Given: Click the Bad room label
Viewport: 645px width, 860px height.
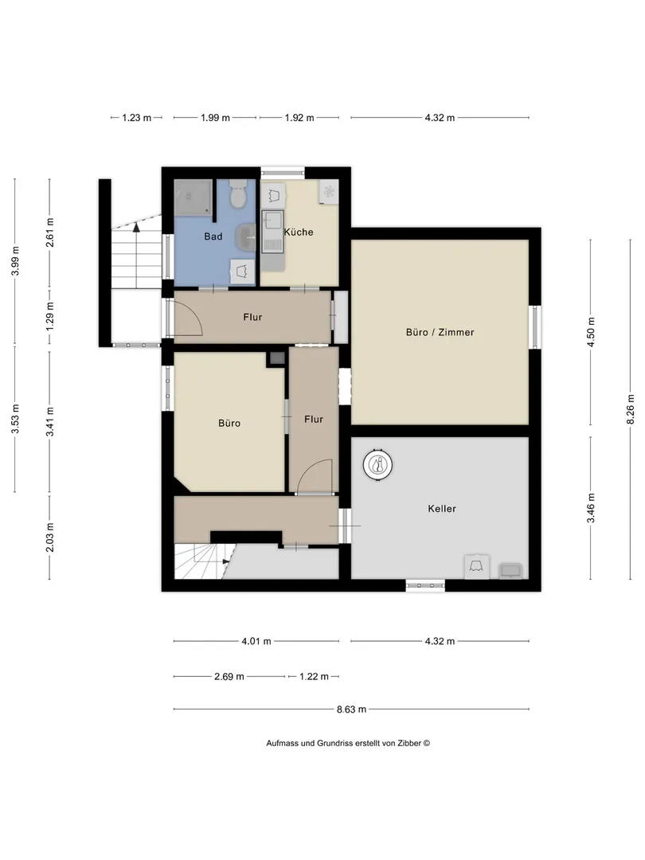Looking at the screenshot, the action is tap(213, 236).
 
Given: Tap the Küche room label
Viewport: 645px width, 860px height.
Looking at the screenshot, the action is tap(299, 232).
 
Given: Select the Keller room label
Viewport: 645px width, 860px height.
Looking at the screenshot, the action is tap(441, 508).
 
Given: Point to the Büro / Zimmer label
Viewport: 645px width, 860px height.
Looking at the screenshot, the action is tap(440, 332).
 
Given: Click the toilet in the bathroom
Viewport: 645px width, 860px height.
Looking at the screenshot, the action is tap(238, 194).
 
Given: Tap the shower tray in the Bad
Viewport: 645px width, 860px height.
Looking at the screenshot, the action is tap(193, 197).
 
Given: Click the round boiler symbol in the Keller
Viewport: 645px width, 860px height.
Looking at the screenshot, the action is tap(377, 465).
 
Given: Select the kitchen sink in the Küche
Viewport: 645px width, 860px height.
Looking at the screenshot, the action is tap(272, 230).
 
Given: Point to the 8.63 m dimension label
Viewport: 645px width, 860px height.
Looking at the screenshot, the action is tap(351, 709).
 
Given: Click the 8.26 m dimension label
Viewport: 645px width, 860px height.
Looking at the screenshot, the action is tap(631, 409).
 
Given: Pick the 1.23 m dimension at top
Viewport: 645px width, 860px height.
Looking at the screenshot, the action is tap(137, 117).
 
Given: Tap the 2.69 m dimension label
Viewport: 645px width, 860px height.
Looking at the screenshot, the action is tap(229, 676).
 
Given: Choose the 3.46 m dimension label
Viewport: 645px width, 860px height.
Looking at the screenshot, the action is tap(591, 508).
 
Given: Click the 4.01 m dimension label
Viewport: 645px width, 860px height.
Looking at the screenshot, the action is tap(256, 640).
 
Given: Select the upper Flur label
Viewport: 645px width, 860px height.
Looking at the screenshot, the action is tap(252, 317).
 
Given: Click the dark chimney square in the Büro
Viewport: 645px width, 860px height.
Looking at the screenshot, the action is tap(276, 358).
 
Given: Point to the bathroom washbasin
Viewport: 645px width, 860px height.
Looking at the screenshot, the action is tap(245, 237).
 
